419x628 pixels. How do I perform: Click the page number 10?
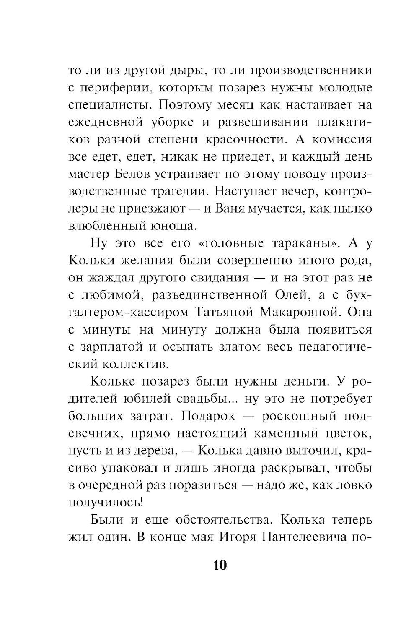[220, 565]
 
